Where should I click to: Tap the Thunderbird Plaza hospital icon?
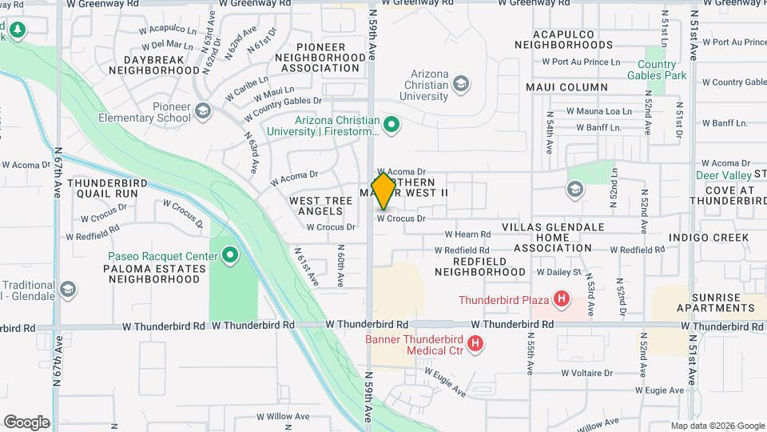click(x=562, y=300)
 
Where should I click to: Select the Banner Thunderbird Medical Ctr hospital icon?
click(x=475, y=344)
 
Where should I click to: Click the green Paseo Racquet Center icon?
click(x=230, y=256)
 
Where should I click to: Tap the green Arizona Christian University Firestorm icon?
click(x=391, y=124)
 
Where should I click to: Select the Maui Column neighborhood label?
click(x=566, y=87)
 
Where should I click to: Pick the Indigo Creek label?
click(x=709, y=238)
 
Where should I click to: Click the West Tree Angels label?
click(x=316, y=206)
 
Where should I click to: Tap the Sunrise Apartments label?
click(x=715, y=302)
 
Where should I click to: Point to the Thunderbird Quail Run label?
click(x=107, y=188)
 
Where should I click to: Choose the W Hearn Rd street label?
click(x=467, y=234)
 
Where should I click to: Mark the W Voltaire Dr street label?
click(x=586, y=373)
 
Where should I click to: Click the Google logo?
click(x=27, y=422)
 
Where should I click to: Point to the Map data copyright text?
click(x=716, y=426)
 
